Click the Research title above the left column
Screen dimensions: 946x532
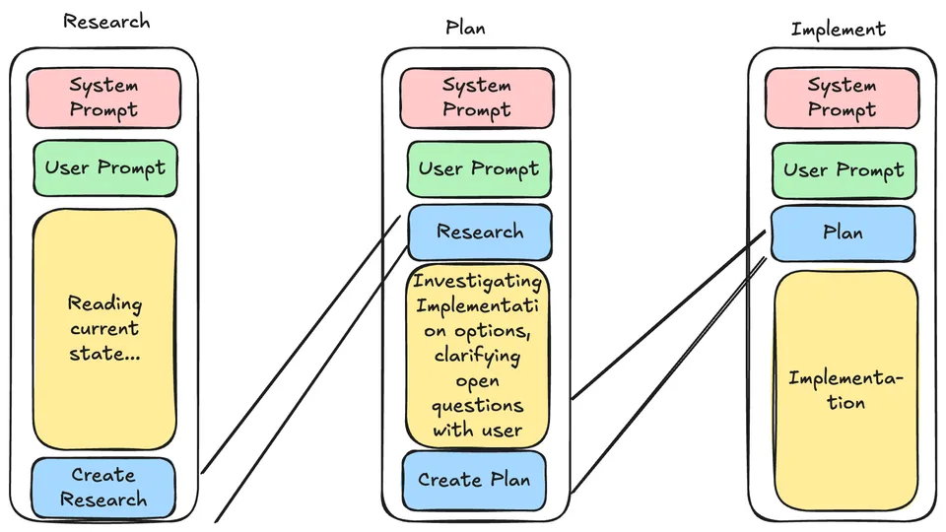point(106,22)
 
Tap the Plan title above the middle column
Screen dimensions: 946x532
point(465,28)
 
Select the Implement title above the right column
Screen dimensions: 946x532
point(839,30)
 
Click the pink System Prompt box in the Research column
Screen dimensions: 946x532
point(103,98)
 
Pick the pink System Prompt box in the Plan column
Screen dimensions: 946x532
point(477,98)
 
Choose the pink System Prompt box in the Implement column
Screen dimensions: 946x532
point(843,99)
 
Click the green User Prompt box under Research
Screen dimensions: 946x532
point(105,168)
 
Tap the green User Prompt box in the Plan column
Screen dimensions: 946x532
point(479,169)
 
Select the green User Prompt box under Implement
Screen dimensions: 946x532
point(845,170)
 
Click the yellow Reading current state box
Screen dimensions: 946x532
point(104,329)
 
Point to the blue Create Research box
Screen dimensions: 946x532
point(103,488)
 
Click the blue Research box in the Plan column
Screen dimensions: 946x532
point(480,233)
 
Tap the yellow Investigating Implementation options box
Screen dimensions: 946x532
point(477,356)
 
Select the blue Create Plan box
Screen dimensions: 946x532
point(474,480)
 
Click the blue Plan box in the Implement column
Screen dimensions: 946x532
point(843,233)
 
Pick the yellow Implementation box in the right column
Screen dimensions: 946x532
point(846,391)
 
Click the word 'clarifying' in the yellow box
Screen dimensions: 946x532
point(477,356)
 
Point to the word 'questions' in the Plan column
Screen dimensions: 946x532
point(477,406)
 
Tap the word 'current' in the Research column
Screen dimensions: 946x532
point(104,329)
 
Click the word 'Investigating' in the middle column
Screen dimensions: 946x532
point(477,282)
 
